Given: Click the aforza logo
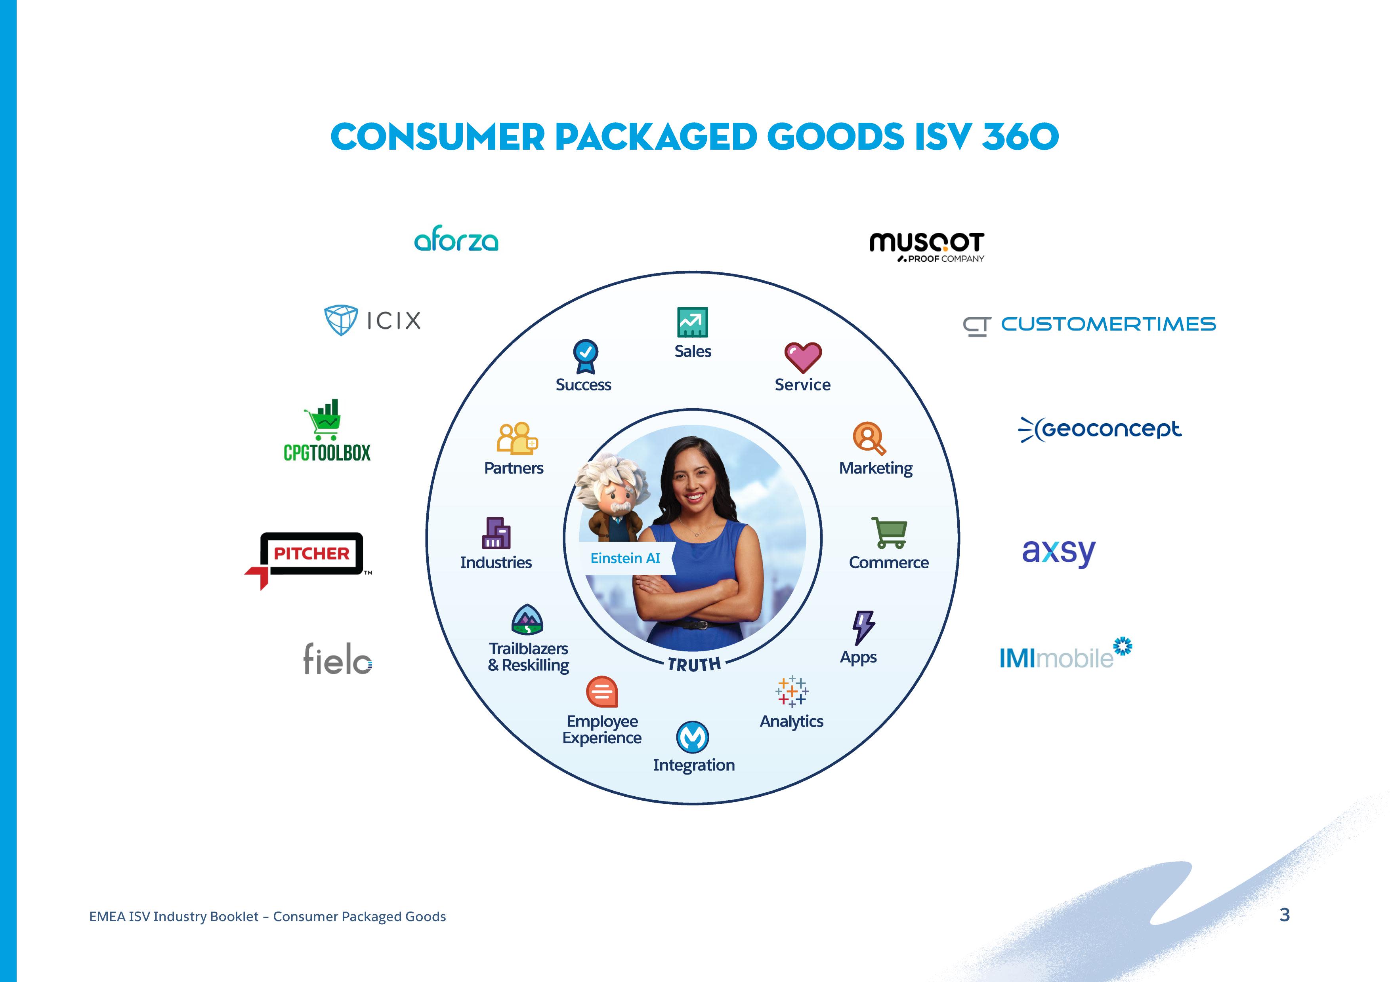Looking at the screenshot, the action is pos(456,240).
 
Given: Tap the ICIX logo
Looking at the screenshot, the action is pos(372,320).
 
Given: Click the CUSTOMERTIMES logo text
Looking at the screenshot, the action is pos(1108,324).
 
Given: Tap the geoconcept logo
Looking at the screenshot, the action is pos(1100,429).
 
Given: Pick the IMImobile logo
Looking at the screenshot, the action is pos(1065,653).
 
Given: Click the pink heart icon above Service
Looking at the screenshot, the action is pos(803,357).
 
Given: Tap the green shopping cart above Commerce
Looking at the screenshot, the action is pos(889,533).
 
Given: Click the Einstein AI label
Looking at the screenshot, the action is pos(625,558).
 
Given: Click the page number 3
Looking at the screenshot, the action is pos(1285,915).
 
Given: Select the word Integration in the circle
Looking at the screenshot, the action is pos(694,765).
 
